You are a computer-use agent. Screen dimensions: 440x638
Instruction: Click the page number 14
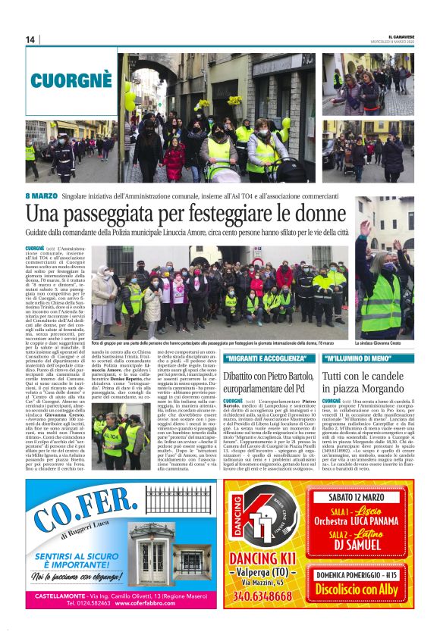pos(30,39)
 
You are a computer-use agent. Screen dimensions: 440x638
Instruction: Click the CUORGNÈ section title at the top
pos(71,77)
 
